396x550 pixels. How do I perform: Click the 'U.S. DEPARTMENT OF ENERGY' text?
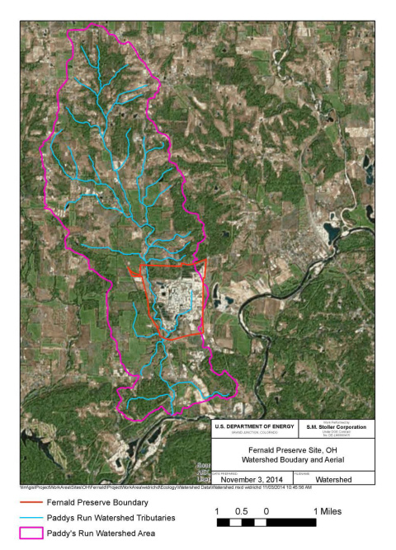tap(252, 425)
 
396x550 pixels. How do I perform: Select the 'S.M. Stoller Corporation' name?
tap(335, 425)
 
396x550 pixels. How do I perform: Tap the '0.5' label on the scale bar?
tap(242, 511)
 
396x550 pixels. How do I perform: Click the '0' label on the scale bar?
tap(266, 511)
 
